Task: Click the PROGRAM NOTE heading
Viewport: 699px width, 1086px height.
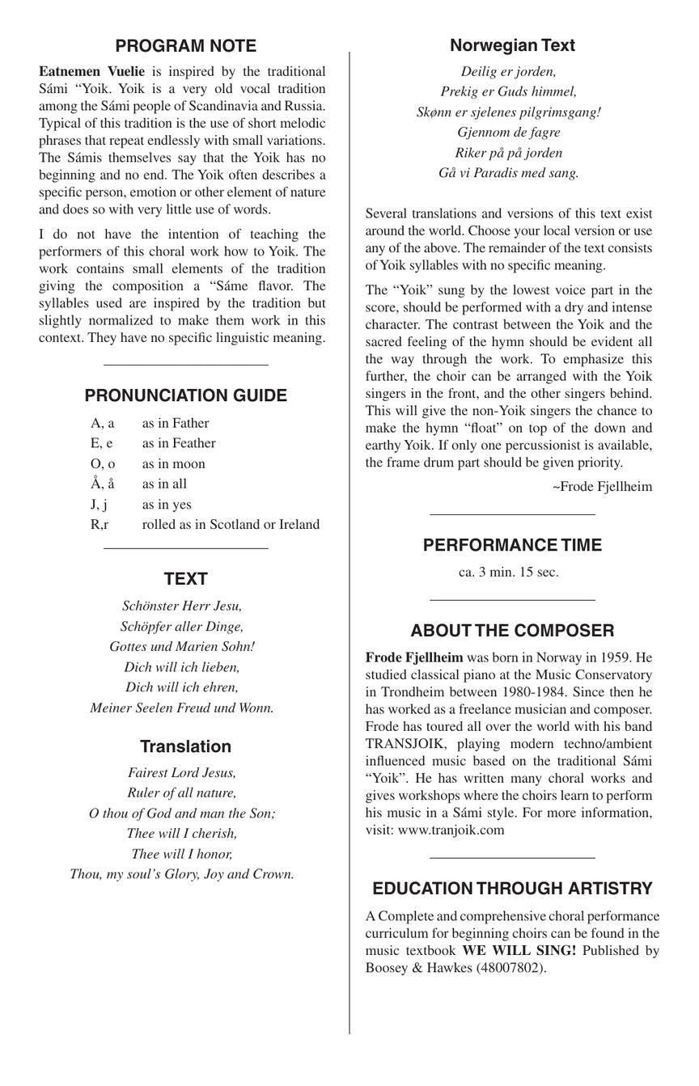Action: coord(185,46)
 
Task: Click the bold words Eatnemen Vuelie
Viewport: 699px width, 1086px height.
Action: coord(91,71)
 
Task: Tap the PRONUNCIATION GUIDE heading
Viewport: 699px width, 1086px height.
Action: coord(185,395)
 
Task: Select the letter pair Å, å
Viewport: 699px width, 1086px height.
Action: coord(103,484)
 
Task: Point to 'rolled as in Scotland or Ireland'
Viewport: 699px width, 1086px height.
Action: coord(231,524)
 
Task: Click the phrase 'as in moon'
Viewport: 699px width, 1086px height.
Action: coord(173,463)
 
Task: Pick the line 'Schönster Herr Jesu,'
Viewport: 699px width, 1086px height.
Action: coord(182,606)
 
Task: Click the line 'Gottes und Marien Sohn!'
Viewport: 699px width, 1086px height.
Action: coord(182,647)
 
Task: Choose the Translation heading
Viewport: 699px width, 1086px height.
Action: coord(185,746)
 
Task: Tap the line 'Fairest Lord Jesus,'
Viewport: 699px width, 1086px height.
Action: coord(182,772)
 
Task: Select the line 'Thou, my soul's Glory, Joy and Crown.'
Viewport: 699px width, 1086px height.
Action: coord(182,874)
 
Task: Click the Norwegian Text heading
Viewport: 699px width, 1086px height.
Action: coord(512,45)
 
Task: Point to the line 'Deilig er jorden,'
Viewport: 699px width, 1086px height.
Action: coord(509,71)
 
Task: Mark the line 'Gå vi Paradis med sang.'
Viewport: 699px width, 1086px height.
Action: coord(509,172)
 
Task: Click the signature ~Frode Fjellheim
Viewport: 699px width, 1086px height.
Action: coord(602,486)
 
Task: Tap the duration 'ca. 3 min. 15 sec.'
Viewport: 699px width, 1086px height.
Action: coord(508,572)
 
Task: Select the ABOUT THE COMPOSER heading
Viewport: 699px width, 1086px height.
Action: coord(512,631)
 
